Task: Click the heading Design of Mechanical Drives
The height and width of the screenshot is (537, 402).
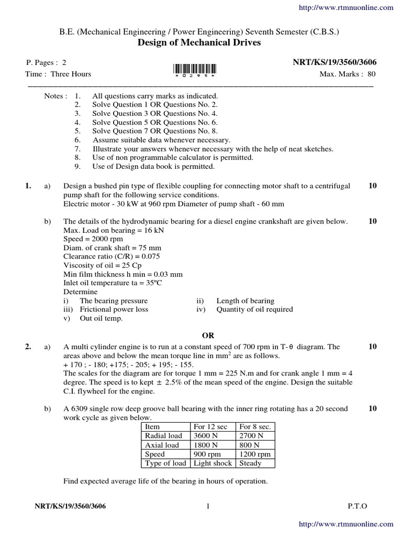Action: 199,43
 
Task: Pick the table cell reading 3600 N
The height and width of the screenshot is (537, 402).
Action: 206,436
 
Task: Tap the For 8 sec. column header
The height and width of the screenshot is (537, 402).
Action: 255,427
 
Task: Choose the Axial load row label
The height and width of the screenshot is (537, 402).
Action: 162,445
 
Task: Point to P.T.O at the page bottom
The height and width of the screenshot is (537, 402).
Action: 357,506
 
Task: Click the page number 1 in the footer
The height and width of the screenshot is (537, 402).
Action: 208,506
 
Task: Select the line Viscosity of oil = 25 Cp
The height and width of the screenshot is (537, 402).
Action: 102,265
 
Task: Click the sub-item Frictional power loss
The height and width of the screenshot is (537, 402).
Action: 114,309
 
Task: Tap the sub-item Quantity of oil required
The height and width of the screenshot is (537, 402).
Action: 254,309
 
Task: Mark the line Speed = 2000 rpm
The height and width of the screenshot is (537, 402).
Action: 93,239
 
